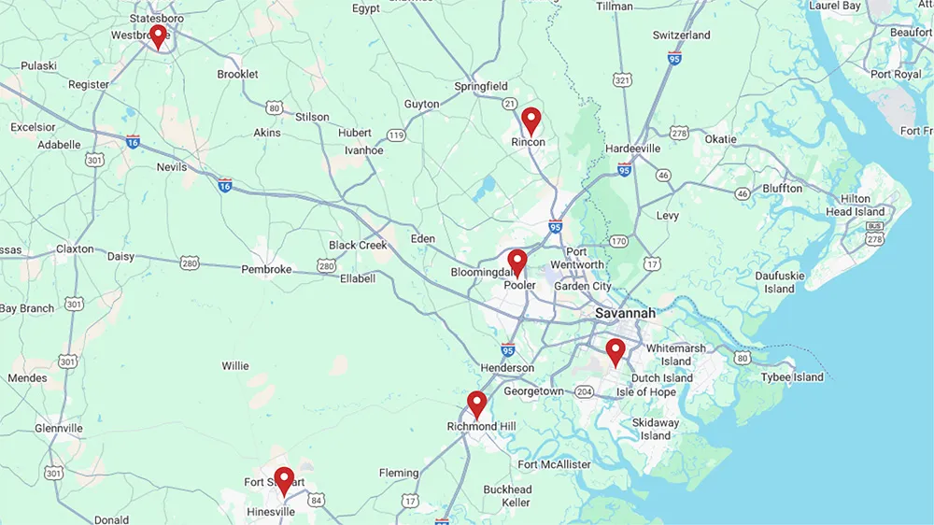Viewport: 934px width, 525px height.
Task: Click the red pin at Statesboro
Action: tap(159, 35)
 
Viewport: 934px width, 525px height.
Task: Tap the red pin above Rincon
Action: tap(531, 120)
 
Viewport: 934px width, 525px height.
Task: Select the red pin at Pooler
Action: tap(517, 262)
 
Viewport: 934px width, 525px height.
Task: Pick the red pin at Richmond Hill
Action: tap(477, 404)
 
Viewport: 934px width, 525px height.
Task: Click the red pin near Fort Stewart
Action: tap(284, 479)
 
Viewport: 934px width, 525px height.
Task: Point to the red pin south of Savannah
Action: tap(615, 351)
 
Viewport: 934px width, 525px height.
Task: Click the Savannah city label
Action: tap(625, 313)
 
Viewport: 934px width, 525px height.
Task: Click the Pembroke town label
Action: tap(266, 269)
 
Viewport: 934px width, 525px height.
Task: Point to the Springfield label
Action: tap(481, 87)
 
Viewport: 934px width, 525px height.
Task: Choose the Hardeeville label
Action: tap(632, 149)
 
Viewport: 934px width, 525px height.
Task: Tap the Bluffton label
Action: tap(782, 189)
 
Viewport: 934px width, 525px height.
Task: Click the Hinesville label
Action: tap(270, 512)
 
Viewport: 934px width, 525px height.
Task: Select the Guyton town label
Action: tap(421, 105)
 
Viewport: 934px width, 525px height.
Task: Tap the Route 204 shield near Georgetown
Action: tap(584, 391)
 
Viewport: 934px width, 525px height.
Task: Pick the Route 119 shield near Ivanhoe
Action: tap(397, 135)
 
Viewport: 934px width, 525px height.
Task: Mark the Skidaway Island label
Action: tap(655, 429)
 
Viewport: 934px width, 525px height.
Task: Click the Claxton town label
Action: tap(75, 249)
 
